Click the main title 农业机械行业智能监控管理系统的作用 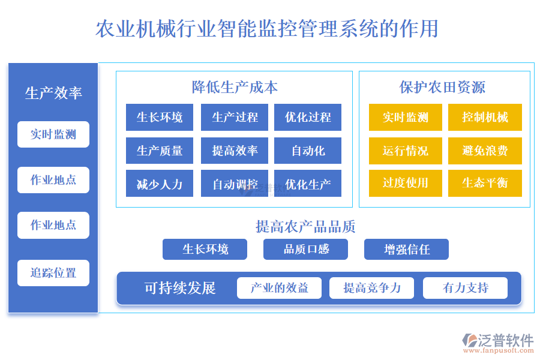coord(267,29)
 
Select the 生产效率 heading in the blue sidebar coord(53,93)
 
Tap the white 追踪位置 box coord(53,273)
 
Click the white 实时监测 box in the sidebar coord(53,134)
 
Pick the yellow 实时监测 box coord(405,118)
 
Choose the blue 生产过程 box coord(235,118)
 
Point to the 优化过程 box coord(308,118)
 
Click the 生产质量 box coord(160,151)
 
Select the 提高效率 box coord(235,151)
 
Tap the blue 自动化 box coord(308,151)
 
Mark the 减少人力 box coord(160,184)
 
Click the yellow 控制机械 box coord(485,118)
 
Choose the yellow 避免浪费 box coord(485,151)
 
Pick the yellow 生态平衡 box coord(485,183)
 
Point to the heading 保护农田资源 coord(442,88)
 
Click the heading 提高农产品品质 coord(305,226)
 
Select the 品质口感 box coord(305,249)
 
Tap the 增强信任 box coord(406,249)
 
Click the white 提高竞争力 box coord(372,288)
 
